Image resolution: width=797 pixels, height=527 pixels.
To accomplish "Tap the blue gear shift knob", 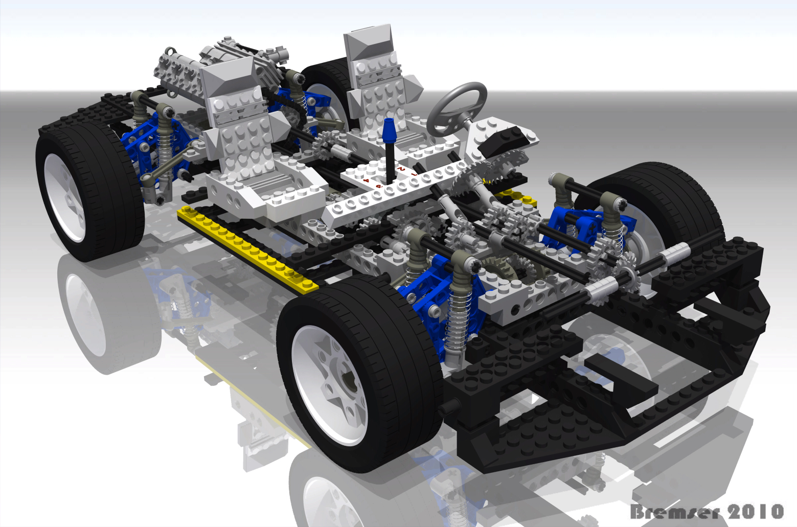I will click(389, 131).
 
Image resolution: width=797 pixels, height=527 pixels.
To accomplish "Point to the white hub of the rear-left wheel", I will click(65, 197).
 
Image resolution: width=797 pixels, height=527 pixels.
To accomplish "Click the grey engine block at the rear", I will click(184, 77).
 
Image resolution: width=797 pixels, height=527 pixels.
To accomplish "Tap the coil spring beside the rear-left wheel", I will click(165, 148).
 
